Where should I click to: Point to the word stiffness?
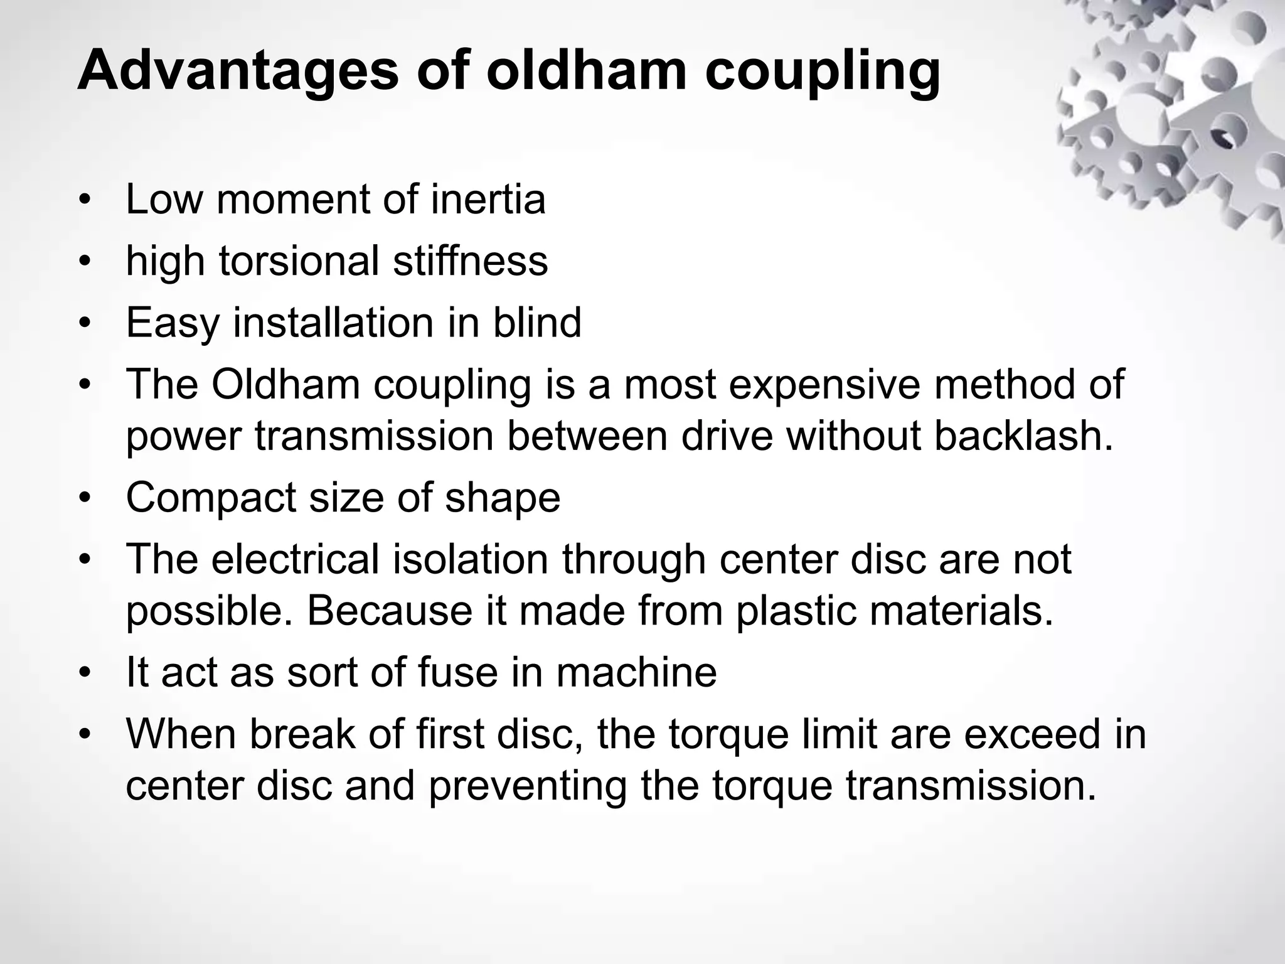[470, 261]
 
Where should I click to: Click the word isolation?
[470, 559]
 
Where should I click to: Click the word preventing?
[527, 786]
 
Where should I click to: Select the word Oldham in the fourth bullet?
[285, 384]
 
